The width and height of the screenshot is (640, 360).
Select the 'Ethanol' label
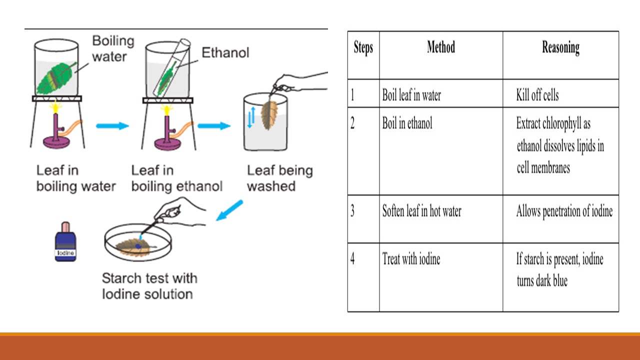click(x=225, y=52)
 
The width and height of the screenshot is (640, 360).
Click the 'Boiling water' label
click(x=113, y=48)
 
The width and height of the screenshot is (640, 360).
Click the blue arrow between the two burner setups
click(x=112, y=125)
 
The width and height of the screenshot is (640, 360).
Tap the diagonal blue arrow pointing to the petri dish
click(x=229, y=210)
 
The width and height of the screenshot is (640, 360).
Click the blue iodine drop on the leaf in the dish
click(x=138, y=246)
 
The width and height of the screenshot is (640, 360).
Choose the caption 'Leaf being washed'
click(x=279, y=178)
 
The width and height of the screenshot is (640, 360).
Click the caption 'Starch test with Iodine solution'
click(x=149, y=285)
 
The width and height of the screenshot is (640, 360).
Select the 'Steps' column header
click(x=363, y=48)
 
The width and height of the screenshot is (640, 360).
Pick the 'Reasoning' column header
click(x=560, y=48)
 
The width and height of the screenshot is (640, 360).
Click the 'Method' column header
click(x=441, y=47)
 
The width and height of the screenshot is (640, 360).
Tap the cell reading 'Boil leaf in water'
click(x=411, y=95)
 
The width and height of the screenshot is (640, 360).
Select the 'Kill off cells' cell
click(x=537, y=95)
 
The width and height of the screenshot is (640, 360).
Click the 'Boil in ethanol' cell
click(x=407, y=123)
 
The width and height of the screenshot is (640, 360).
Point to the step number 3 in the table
click(x=352, y=211)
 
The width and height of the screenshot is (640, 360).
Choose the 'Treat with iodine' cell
click(x=411, y=259)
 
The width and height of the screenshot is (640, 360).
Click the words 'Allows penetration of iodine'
click(x=564, y=211)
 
